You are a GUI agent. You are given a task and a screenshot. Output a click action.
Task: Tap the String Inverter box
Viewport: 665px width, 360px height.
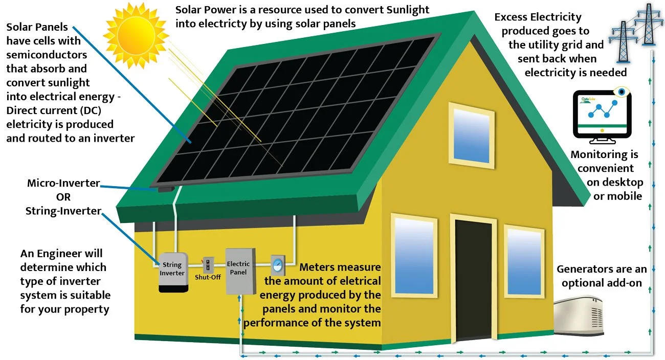click(172, 272)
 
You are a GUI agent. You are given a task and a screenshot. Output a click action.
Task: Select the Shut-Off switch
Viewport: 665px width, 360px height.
click(208, 265)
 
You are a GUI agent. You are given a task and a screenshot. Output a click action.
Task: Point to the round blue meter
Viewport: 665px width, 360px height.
click(277, 265)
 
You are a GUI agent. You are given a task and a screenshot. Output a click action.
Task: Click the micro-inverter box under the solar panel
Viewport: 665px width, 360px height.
click(165, 189)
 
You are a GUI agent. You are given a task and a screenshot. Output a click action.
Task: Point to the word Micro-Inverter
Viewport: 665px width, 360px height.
click(63, 183)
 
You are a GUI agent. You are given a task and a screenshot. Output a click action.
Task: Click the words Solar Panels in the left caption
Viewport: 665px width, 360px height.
click(37, 27)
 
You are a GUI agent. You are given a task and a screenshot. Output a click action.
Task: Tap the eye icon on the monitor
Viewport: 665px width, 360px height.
click(620, 92)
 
